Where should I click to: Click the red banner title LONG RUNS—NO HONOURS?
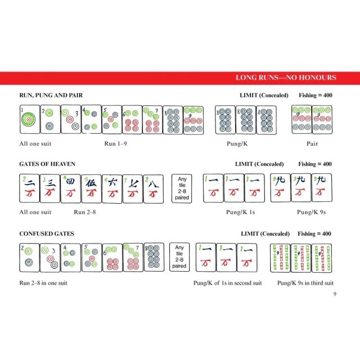pos(286,78)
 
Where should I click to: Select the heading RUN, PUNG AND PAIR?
pos(51,95)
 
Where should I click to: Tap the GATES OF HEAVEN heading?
pos(47,164)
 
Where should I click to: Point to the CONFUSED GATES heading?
pos(47,234)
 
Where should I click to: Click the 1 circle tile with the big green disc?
pos(30,119)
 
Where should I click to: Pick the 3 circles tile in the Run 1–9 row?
pos(71,119)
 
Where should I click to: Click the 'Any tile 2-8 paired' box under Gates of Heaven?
pos(182,188)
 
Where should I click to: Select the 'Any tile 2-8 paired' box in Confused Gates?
pos(179,257)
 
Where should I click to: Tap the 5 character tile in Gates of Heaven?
pos(91,189)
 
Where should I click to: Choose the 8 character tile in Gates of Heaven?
pos(154,189)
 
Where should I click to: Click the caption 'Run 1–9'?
pos(115,144)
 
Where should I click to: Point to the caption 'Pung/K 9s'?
pos(311,212)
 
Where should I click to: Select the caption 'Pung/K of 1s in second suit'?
pos(227,283)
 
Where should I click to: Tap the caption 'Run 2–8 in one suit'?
pos(43,283)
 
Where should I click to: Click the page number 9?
pos(335,294)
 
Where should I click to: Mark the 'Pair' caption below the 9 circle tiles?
pos(312,144)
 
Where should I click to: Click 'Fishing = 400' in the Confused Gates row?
pos(314,234)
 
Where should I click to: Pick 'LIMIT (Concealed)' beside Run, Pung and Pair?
pos(264,95)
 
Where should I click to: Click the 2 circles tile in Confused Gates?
pos(30,258)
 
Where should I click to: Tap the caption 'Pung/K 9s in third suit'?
pos(305,283)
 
